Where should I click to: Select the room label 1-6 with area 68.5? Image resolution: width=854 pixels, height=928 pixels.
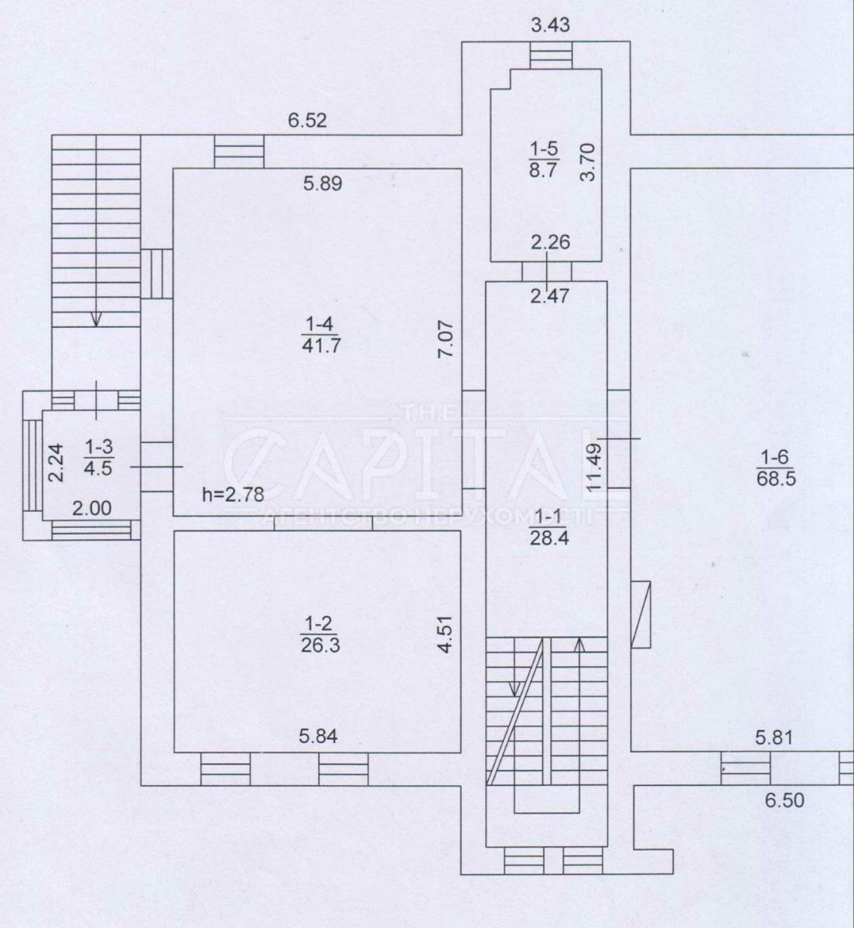(776, 468)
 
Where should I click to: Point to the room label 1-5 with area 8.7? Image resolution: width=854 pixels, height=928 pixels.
(545, 159)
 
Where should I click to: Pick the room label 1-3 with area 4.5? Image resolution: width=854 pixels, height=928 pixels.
(98, 457)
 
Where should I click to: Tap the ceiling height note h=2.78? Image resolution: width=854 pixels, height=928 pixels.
(234, 495)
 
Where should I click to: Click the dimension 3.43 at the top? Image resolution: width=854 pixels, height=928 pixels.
(550, 25)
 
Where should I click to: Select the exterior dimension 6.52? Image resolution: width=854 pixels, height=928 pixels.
(307, 121)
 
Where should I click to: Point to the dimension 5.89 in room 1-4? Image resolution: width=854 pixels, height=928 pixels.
(323, 183)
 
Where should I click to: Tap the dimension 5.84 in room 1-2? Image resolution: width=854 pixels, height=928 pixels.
(318, 736)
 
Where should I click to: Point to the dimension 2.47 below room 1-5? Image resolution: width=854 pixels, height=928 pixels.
(549, 295)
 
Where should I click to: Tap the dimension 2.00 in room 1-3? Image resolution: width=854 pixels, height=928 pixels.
(92, 508)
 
